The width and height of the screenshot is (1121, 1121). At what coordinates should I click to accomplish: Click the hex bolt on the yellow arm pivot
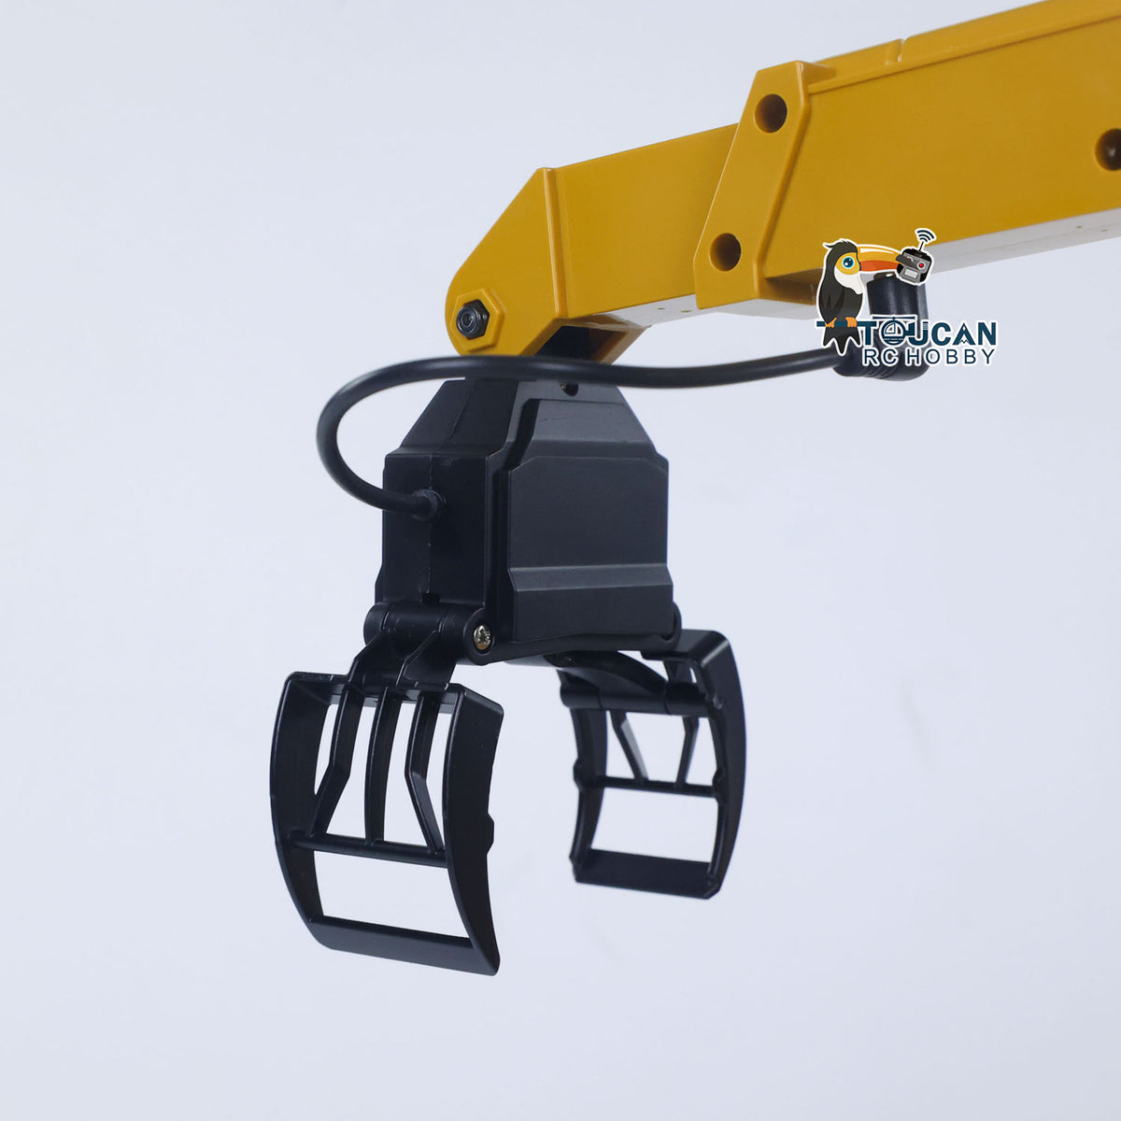(472, 318)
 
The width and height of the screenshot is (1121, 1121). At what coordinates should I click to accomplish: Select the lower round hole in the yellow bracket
(726, 251)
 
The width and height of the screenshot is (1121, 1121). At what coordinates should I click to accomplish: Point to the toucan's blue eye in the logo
(849, 263)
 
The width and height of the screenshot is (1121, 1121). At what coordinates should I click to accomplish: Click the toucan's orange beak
(877, 262)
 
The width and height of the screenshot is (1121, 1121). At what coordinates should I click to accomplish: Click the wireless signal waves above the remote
(925, 236)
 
